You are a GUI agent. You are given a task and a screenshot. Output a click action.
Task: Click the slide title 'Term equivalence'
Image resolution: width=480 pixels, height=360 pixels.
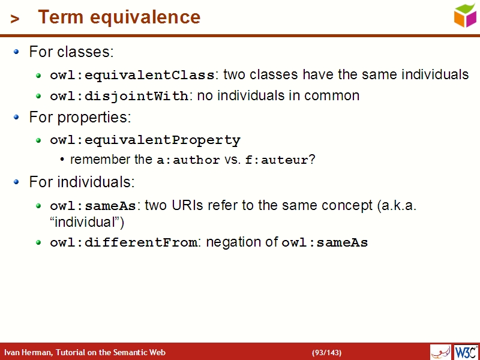point(119,17)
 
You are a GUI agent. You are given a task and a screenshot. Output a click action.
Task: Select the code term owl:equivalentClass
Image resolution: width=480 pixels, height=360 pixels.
point(132,76)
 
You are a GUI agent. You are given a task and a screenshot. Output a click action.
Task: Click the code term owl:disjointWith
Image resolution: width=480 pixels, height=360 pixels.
point(119,96)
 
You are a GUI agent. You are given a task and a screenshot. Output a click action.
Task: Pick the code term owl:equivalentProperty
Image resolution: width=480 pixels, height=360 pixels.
point(145,140)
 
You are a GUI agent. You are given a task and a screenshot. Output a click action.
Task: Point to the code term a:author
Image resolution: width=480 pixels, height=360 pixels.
point(188,161)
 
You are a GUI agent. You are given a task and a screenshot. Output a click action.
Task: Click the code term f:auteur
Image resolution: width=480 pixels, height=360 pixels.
point(277,161)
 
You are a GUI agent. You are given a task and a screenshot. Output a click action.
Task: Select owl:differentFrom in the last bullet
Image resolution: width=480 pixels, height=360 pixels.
point(123,243)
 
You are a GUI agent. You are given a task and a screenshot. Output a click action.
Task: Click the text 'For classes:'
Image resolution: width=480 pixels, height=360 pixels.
point(71,52)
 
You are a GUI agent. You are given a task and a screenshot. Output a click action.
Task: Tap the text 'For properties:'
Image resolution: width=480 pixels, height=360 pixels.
point(80,117)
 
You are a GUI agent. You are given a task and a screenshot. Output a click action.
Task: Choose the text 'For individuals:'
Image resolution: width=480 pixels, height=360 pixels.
point(82,182)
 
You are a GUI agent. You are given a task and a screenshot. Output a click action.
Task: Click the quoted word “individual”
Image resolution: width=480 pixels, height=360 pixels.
point(86,222)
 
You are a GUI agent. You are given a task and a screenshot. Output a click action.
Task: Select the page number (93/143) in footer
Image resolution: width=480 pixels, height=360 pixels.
point(326,352)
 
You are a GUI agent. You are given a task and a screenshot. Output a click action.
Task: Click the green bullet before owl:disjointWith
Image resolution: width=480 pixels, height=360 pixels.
point(38,96)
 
